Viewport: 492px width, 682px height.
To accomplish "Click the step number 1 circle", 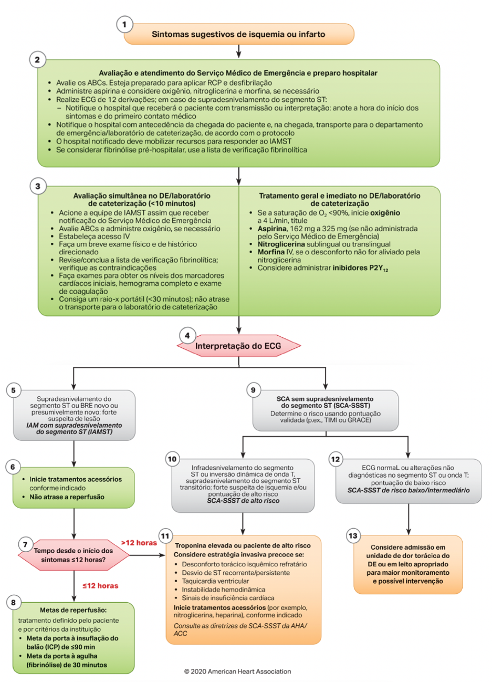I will [124, 24].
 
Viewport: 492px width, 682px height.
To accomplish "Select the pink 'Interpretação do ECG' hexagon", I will [238, 346].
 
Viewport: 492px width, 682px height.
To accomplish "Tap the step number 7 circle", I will [25, 544].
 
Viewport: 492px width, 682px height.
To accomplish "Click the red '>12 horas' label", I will [139, 543].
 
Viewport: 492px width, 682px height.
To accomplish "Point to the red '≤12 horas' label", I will [100, 586].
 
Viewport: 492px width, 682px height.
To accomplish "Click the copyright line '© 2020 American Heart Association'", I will [237, 671].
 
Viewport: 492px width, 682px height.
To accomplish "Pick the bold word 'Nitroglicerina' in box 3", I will [281, 244].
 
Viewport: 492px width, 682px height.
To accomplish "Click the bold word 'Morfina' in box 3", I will [271, 252].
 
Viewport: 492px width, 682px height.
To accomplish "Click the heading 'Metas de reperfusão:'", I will [73, 610].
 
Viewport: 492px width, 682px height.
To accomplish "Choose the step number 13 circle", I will [353, 536].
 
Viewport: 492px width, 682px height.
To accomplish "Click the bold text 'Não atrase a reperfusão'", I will [67, 497].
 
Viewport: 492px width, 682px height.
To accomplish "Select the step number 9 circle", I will [254, 390].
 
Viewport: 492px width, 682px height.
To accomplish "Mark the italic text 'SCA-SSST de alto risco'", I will [243, 501].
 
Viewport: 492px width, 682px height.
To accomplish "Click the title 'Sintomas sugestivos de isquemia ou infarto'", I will [238, 34].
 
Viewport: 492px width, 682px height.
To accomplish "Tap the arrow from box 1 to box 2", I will [239, 51].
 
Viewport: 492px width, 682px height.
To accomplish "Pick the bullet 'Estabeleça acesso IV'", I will [94, 236].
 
